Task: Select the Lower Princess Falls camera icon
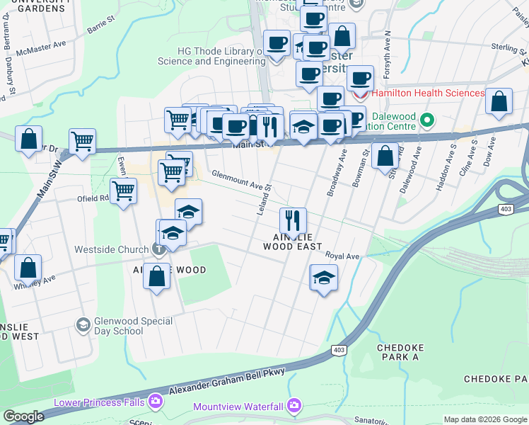pyautogui.click(x=155, y=402)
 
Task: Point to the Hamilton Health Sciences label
pyautogui.click(x=427, y=93)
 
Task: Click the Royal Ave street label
pyautogui.click(x=343, y=256)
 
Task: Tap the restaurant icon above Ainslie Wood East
pyautogui.click(x=291, y=220)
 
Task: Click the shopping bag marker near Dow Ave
pyautogui.click(x=499, y=101)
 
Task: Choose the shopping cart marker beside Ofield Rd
pyautogui.click(x=124, y=190)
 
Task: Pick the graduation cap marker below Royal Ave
pyautogui.click(x=323, y=277)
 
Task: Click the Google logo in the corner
pyautogui.click(x=24, y=416)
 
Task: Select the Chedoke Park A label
pyautogui.click(x=397, y=353)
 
